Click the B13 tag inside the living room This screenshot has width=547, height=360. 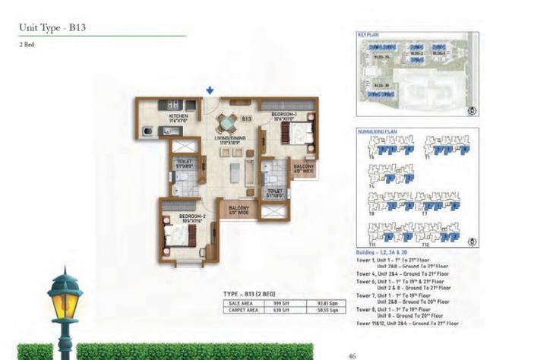pos(246,119)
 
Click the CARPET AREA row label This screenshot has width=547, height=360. pos(242,310)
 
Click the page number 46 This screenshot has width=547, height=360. pos(352,354)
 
